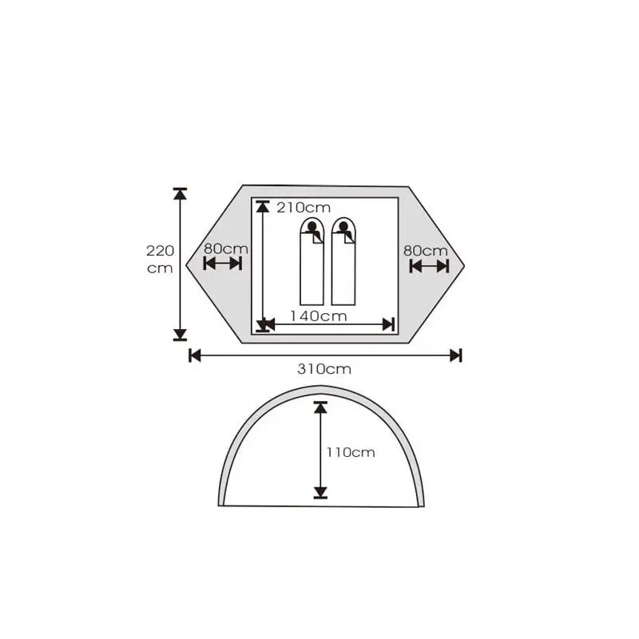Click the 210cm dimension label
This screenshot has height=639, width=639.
point(304,208)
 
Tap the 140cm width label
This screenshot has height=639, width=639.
point(318,316)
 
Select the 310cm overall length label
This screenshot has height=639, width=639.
point(324,369)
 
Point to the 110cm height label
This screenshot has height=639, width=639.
point(351,452)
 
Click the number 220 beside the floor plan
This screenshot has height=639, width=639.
point(161,251)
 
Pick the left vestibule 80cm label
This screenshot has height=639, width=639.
point(226,248)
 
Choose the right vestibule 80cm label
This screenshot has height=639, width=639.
point(426,251)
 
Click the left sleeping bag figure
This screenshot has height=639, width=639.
point(312,262)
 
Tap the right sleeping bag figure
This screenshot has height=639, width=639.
point(343,262)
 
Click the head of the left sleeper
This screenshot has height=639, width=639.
point(312,226)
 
